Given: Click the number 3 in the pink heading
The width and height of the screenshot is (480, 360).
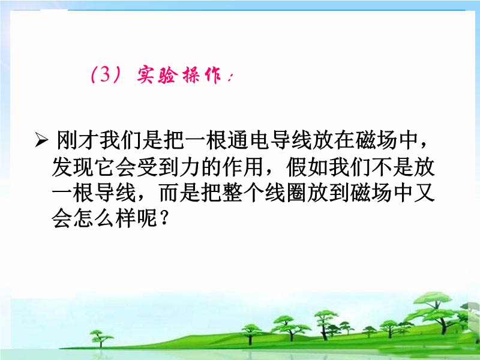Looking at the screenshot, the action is point(104,74).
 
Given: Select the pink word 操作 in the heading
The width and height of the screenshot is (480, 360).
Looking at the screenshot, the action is point(202,75).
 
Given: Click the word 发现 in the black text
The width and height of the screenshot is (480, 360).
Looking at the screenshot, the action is point(73,167).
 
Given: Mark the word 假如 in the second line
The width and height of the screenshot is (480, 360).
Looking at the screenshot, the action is point(307,167).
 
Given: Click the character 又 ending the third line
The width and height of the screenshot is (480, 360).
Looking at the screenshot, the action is point(425,193).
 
